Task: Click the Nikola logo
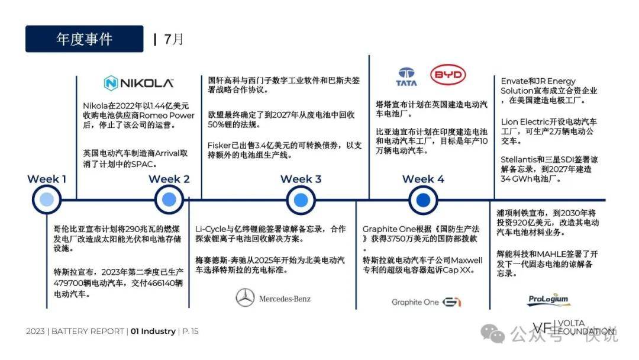(x=138, y=83)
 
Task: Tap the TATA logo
(x=406, y=76)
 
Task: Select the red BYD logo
(x=448, y=75)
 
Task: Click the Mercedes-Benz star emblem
(x=246, y=298)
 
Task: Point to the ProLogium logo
(x=548, y=299)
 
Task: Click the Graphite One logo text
(x=415, y=302)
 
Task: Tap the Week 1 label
(x=47, y=179)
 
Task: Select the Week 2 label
(x=169, y=179)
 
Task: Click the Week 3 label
(x=301, y=179)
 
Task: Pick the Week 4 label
(x=423, y=179)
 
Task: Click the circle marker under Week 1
(x=47, y=200)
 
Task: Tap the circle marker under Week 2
(x=169, y=200)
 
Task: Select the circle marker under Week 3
(x=301, y=200)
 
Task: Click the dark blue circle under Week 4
(x=423, y=200)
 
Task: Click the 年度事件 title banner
(x=85, y=38)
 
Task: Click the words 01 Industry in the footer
(x=153, y=331)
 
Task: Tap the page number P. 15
(x=191, y=331)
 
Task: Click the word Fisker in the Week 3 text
(x=220, y=146)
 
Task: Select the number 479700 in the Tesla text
(x=67, y=283)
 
